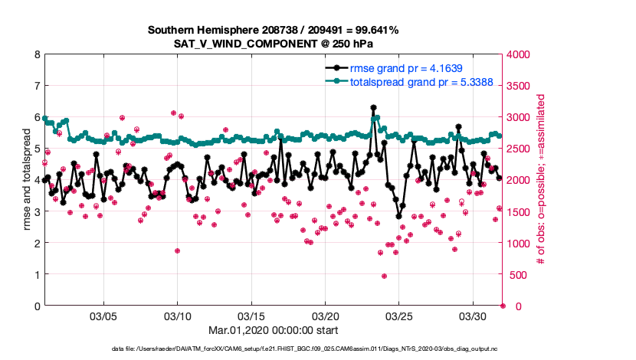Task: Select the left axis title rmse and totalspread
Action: click(26, 180)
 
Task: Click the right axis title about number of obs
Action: click(541, 180)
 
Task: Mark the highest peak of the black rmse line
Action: click(373, 108)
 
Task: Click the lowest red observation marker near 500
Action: click(384, 277)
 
